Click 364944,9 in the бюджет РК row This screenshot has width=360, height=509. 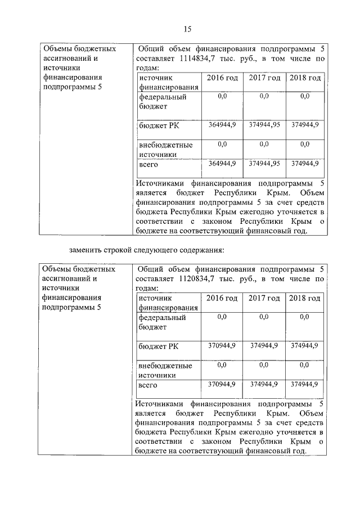(222, 124)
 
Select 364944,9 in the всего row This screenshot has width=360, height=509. (222, 164)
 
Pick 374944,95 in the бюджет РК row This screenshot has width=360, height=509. (264, 124)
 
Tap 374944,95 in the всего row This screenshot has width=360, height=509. (264, 164)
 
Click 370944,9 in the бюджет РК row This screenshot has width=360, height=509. (222, 345)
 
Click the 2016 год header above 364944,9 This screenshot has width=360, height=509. (222, 78)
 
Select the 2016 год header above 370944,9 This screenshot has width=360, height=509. (222, 298)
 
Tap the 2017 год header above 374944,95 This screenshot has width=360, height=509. (264, 78)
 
